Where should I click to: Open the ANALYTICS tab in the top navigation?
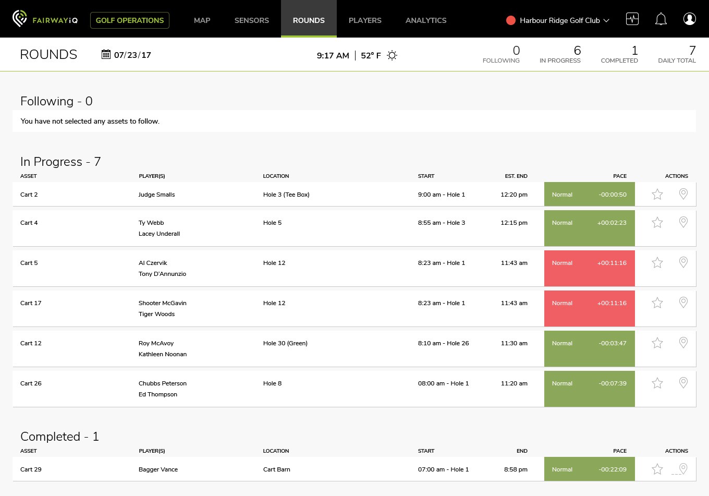tap(426, 20)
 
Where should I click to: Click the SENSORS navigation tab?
tap(252, 20)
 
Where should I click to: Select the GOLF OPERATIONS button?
tap(130, 20)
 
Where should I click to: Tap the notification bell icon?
tap(661, 19)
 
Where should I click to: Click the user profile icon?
tap(689, 19)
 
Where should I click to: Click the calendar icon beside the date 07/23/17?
tap(106, 54)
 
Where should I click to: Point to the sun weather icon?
tap(392, 55)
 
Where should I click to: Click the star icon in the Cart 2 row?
tap(657, 194)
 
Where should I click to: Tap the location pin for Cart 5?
tap(683, 262)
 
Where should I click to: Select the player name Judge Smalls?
tap(157, 195)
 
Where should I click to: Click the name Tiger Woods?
tap(157, 314)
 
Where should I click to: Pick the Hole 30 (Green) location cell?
tap(285, 343)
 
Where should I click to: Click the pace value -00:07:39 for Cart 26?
tap(613, 383)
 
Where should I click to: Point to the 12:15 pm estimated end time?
tap(514, 223)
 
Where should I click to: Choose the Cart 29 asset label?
tap(31, 469)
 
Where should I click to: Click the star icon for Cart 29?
tap(657, 469)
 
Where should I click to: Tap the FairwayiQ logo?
tap(45, 19)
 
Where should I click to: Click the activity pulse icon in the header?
tap(632, 19)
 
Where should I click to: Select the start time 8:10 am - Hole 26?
tap(443, 343)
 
